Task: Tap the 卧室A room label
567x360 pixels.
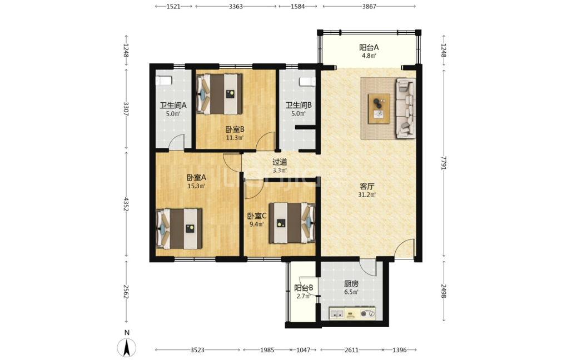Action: (x=196, y=177)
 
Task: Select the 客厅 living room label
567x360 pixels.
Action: (x=367, y=187)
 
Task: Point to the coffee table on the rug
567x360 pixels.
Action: (x=379, y=109)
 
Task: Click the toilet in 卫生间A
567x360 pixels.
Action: (x=163, y=81)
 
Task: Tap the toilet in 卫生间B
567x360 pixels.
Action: (x=307, y=82)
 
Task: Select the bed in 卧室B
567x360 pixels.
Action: (x=219, y=94)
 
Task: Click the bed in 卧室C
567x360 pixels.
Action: (x=292, y=223)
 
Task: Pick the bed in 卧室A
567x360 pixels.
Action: (x=179, y=228)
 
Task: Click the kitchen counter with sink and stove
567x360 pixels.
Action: (x=352, y=313)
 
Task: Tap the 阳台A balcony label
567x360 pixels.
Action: (x=369, y=47)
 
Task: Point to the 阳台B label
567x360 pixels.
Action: (x=304, y=288)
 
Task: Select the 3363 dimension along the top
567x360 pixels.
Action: (x=236, y=6)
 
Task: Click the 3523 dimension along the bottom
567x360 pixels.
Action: (x=197, y=350)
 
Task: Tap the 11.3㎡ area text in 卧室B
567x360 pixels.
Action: (x=235, y=138)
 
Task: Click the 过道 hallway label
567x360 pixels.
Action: (x=280, y=162)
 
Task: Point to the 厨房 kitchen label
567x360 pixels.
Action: (x=351, y=284)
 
